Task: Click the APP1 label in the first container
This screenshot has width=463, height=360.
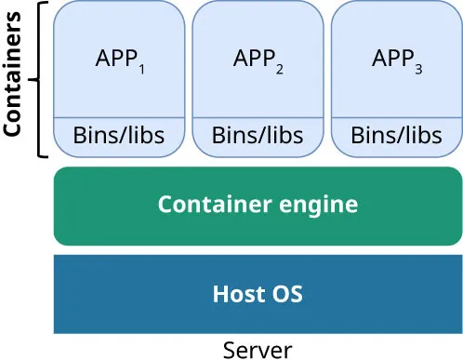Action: (119, 59)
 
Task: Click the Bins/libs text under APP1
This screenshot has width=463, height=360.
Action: (119, 136)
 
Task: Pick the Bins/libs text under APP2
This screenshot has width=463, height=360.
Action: (258, 136)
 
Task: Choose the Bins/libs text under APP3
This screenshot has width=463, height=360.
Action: (397, 136)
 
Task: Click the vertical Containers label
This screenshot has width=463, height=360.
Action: (13, 79)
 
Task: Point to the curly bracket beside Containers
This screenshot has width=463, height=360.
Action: (39, 79)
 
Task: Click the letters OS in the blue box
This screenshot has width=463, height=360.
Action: (287, 295)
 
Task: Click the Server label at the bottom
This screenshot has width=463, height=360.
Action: (258, 350)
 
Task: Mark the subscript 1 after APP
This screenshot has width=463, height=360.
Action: (140, 67)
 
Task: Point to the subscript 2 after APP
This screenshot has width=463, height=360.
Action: (280, 67)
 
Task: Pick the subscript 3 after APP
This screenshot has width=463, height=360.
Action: (419, 67)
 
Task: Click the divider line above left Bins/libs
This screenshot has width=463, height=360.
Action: (119, 118)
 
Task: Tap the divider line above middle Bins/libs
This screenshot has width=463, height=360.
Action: (258, 118)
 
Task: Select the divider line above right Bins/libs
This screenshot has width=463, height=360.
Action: (397, 118)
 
